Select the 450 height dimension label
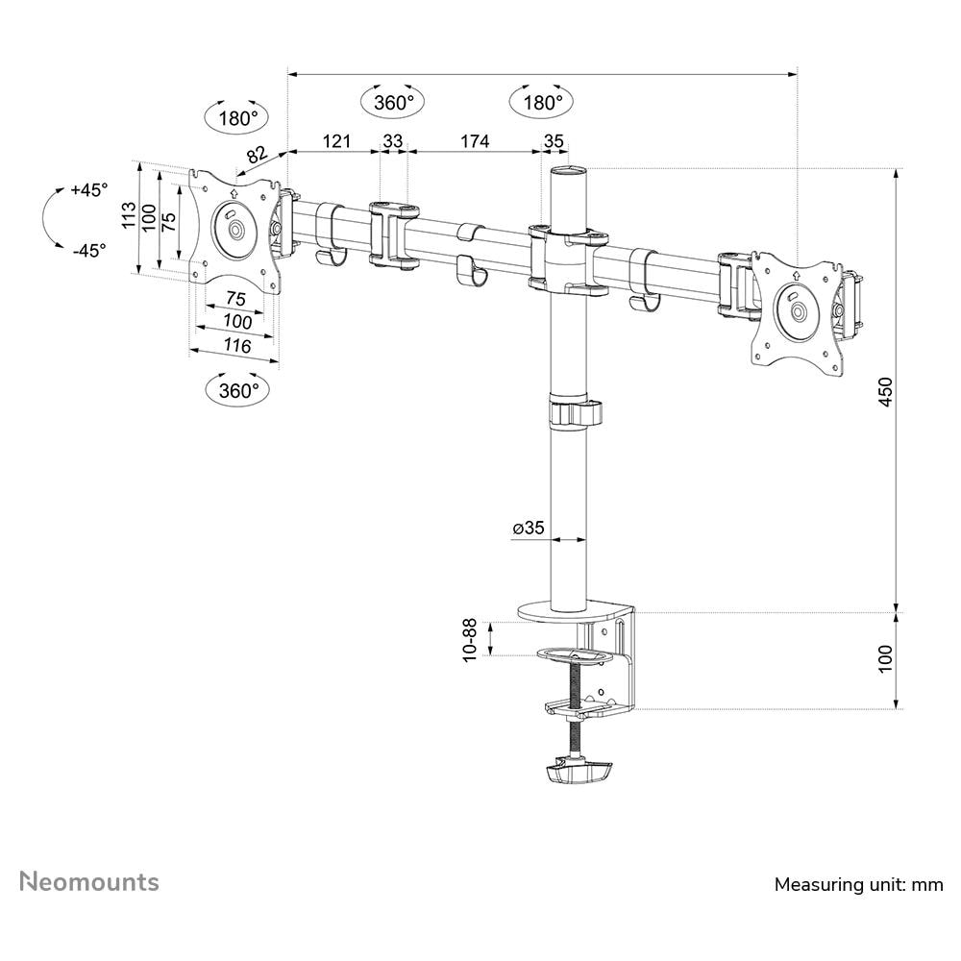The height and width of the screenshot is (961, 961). [886, 392]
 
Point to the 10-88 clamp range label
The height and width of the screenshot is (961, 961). [470, 640]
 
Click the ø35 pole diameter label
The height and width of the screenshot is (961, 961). [529, 527]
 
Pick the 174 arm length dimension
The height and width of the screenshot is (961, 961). [475, 141]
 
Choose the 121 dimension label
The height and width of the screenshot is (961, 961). [336, 141]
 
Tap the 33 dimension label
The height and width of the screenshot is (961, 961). [393, 141]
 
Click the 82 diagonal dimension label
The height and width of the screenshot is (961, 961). [257, 154]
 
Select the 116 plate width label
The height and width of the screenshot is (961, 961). [236, 346]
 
